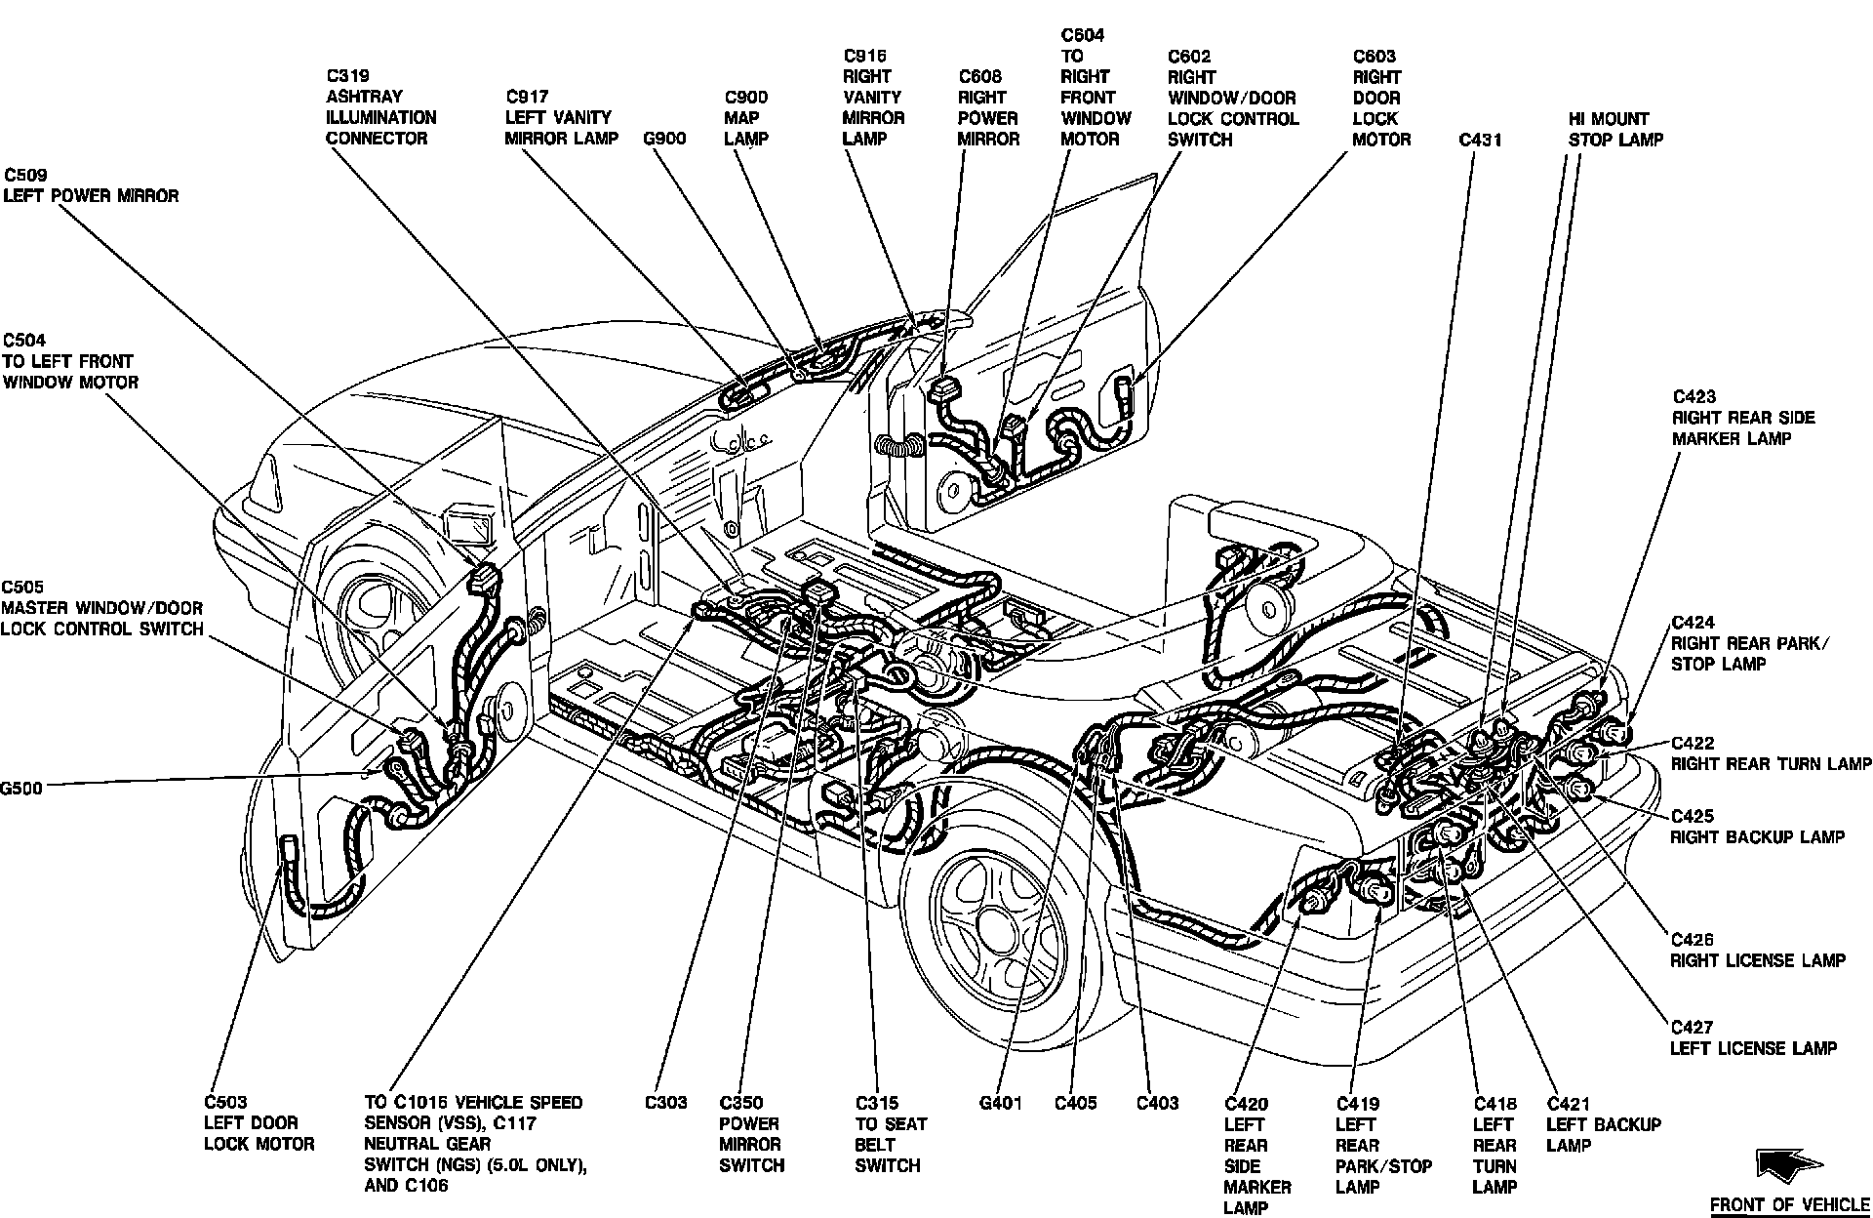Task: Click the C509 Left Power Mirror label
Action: (92, 185)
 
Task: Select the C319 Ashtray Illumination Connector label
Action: (381, 107)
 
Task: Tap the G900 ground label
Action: (664, 139)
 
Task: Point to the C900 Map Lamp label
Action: (746, 118)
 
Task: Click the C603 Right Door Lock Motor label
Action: (1381, 98)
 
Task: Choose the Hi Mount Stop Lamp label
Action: (1615, 129)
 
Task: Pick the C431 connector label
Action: (1480, 140)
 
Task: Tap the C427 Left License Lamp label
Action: (1754, 1037)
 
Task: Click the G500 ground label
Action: (21, 789)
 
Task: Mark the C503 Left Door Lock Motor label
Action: (259, 1122)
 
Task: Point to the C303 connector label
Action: (665, 1103)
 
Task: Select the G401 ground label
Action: (1000, 1103)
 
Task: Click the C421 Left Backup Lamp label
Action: (1604, 1124)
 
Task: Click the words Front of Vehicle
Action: (1790, 1204)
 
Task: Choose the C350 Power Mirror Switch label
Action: (751, 1134)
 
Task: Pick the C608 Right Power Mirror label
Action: (988, 107)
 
